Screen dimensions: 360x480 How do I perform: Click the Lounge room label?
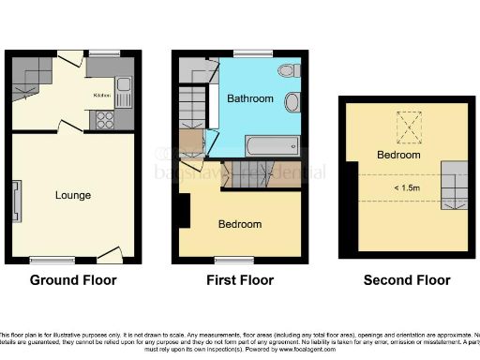[73, 195]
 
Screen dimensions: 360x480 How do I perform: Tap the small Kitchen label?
[102, 96]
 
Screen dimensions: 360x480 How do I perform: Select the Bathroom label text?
[250, 98]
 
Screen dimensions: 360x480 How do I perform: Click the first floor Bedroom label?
[240, 224]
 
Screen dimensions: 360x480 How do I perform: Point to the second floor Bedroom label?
[398, 154]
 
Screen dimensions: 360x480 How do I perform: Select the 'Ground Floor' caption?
[73, 280]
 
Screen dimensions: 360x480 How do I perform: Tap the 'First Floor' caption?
[240, 280]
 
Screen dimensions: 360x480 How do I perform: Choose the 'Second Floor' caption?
[408, 280]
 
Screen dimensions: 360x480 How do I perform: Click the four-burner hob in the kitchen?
[104, 119]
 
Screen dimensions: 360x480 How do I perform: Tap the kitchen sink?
[127, 89]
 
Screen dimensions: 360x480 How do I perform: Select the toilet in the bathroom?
[289, 69]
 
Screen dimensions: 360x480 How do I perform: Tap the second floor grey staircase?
[455, 185]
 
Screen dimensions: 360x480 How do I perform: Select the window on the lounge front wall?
[44, 259]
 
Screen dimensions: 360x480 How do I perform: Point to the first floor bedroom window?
[229, 259]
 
